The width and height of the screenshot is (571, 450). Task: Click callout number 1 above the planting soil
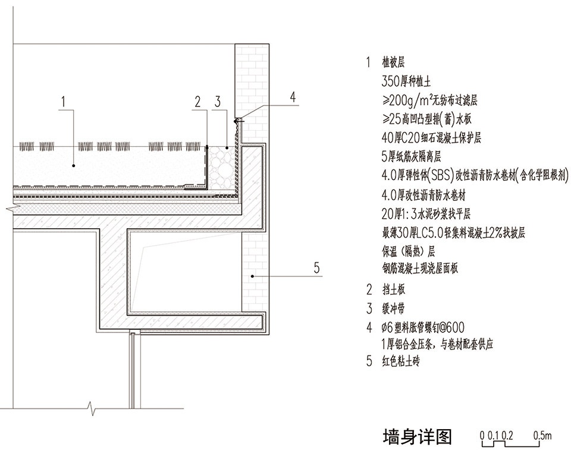coord(64,102)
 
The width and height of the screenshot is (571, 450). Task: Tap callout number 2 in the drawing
coord(197,102)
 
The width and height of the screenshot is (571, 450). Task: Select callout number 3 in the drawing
coord(218,102)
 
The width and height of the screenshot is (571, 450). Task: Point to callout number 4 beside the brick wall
coord(293,97)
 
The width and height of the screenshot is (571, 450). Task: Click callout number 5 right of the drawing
coord(317,268)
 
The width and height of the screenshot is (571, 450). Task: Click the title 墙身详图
coord(418,436)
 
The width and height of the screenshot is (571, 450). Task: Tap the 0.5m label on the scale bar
coord(542,436)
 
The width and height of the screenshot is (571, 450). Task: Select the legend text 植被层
coord(393,62)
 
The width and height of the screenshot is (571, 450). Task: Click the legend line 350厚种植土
coord(406,81)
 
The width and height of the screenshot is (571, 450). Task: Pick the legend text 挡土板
coord(393,290)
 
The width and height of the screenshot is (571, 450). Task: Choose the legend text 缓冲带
coord(393,309)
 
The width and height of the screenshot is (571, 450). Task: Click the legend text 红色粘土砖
coord(400,361)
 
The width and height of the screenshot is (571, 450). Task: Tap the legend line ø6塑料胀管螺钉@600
coord(423,328)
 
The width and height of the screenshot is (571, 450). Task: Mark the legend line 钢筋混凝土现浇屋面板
coord(420,269)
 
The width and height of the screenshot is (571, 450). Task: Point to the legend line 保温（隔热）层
coord(408,251)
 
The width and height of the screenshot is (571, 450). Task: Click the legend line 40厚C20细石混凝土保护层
coord(432,138)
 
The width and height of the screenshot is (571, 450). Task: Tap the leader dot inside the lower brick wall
coord(252,276)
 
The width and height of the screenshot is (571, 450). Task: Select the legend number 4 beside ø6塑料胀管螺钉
coord(369,328)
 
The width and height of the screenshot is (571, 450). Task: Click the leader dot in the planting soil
coord(74,166)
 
